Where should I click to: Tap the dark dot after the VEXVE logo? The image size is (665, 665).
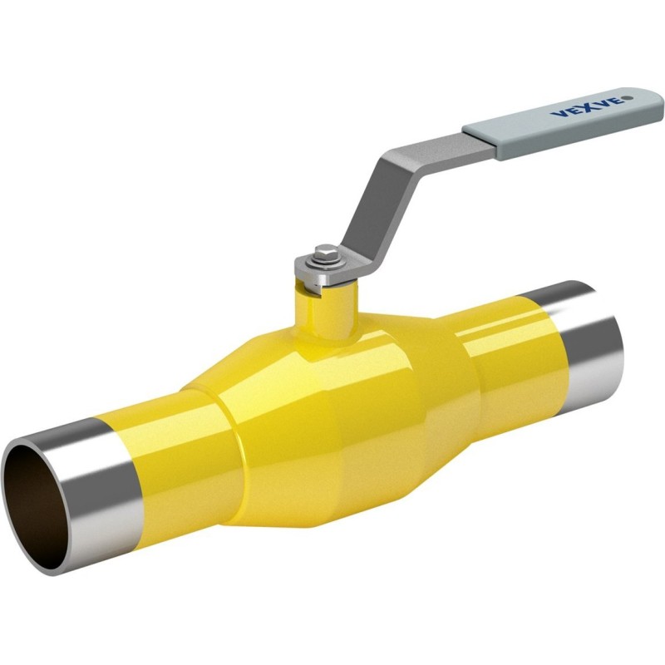pyautogui.click(x=629, y=98)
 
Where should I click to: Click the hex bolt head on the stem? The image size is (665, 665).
pyautogui.click(x=327, y=252)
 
